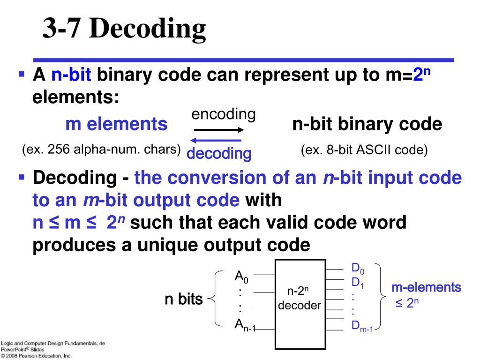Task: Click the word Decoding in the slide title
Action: click(x=148, y=29)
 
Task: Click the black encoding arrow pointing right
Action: click(x=219, y=130)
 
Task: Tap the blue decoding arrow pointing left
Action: click(x=216, y=141)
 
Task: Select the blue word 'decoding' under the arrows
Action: click(x=219, y=153)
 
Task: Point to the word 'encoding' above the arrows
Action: click(x=224, y=114)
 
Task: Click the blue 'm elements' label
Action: click(x=116, y=124)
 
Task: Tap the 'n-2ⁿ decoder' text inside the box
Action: click(x=300, y=298)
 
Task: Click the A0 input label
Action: click(x=241, y=277)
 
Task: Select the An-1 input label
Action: click(x=245, y=325)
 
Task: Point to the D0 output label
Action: click(x=358, y=269)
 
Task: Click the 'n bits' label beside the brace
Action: click(x=184, y=299)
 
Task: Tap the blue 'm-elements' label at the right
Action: click(x=427, y=287)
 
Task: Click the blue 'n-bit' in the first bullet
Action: click(x=71, y=75)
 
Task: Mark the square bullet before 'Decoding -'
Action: click(x=22, y=177)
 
